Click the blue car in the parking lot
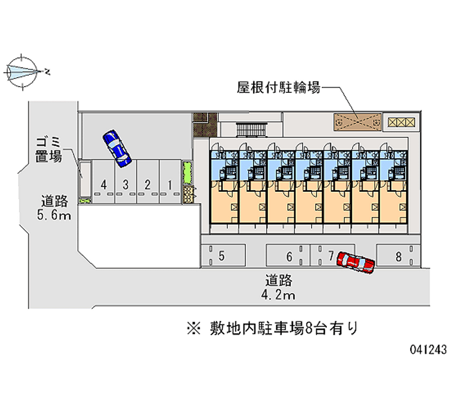(117, 149)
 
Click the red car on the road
(355, 262)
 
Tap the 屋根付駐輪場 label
(278, 88)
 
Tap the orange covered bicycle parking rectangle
(358, 121)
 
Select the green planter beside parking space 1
(187, 172)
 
